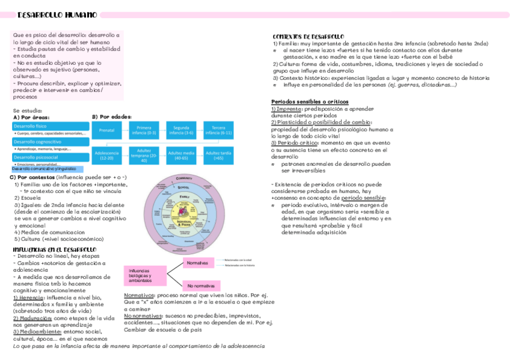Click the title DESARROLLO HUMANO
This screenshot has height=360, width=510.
pos(57,14)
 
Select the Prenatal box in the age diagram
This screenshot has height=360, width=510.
pos(107,130)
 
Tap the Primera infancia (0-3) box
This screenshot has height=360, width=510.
pos(144,130)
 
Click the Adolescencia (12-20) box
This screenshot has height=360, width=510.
pos(107,156)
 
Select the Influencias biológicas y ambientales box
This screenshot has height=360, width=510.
pos(144,276)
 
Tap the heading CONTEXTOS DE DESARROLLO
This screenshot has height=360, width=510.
pos(309,37)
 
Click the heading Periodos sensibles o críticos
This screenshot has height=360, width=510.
pos(310,102)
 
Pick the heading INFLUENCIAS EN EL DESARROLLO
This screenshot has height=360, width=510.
pos(55,249)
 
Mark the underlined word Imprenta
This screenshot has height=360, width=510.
pos(289,109)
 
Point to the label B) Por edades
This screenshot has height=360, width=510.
pos(111,117)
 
